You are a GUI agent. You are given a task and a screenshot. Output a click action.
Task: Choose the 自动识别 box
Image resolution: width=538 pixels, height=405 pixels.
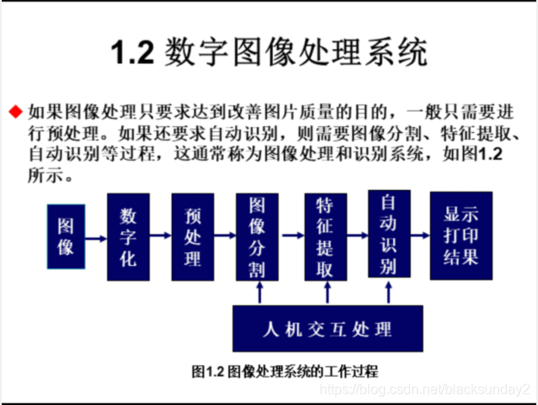click(389, 234)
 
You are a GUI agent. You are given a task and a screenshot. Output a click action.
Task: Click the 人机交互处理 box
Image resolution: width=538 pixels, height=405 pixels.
click(327, 329)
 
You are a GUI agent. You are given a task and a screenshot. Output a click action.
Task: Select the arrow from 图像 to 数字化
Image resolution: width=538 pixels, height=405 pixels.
click(96, 234)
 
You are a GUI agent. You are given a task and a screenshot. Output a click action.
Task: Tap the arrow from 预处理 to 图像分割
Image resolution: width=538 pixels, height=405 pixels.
click(225, 234)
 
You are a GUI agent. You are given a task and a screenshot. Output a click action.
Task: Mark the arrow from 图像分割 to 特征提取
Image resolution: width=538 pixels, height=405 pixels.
click(291, 234)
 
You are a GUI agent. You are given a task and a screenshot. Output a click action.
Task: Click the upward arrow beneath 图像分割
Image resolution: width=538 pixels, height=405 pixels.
click(258, 293)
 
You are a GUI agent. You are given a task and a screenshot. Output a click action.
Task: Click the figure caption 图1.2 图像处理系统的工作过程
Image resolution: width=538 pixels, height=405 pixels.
click(285, 370)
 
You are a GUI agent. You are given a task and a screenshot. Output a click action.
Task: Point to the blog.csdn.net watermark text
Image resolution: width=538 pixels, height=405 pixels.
click(423, 390)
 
